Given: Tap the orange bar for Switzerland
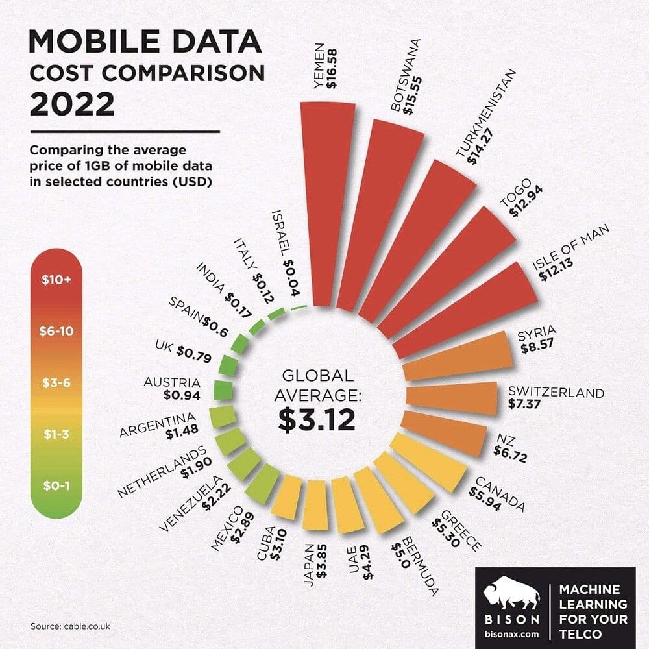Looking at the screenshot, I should [x=451, y=398].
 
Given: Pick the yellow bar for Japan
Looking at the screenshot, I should [x=315, y=504].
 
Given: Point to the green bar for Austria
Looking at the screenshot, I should [x=223, y=391].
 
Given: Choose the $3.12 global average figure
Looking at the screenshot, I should [x=317, y=420].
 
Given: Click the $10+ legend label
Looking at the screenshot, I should [x=56, y=280].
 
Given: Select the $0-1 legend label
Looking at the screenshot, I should [x=56, y=485].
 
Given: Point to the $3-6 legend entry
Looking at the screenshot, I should [x=56, y=383].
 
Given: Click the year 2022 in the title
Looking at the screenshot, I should [x=72, y=103].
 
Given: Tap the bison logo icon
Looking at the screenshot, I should [x=512, y=589].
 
